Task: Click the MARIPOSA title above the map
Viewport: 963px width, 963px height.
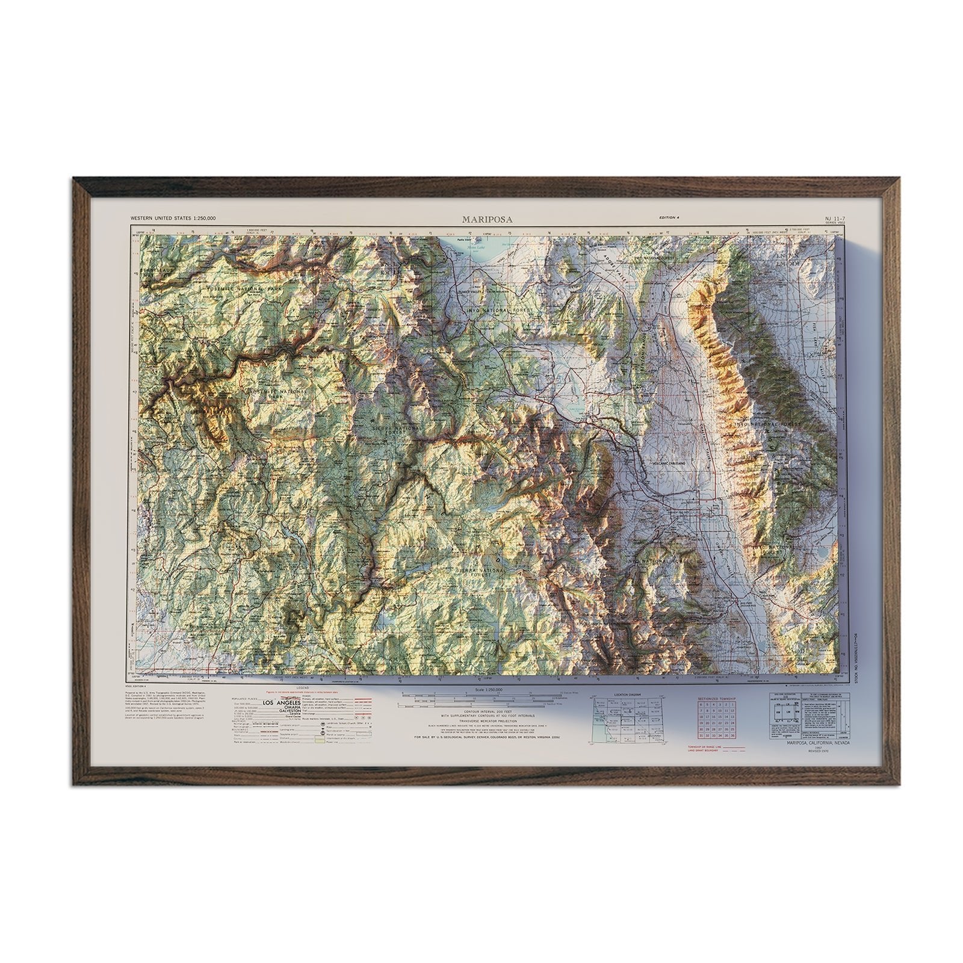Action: (488, 220)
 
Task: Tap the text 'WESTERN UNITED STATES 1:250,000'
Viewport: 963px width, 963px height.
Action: (173, 218)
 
